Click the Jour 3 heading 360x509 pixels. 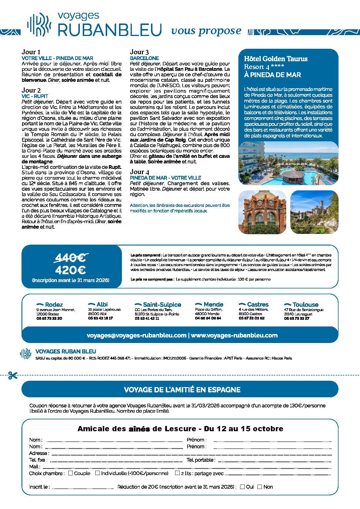[x=140, y=52]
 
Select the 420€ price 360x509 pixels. [x=71, y=270]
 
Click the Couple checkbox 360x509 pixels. [x=70, y=473]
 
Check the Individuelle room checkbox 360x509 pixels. [x=98, y=473]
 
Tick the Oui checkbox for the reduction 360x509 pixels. [x=242, y=487]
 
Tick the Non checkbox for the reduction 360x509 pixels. [x=260, y=487]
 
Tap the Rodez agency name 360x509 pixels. [x=54, y=305]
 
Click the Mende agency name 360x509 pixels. [x=213, y=304]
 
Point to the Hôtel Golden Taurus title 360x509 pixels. [x=276, y=59]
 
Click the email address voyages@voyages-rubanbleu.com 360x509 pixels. [x=136, y=335]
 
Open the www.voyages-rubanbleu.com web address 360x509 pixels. [x=234, y=335]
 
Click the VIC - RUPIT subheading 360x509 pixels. [x=35, y=96]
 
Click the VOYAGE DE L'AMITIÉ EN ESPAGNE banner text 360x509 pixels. [x=182, y=389]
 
